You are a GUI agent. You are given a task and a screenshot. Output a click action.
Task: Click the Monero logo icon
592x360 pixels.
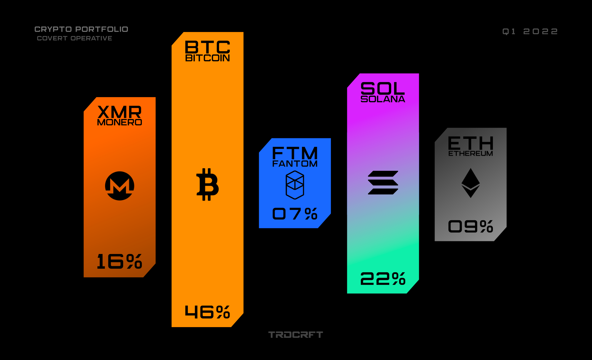pyautogui.click(x=120, y=186)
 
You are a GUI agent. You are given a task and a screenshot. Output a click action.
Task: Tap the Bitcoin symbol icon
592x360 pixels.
pyautogui.click(x=207, y=184)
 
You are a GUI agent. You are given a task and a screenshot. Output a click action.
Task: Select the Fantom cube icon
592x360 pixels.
pyautogui.click(x=295, y=185)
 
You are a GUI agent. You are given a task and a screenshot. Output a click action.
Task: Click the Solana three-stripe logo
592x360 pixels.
pyautogui.click(x=383, y=183)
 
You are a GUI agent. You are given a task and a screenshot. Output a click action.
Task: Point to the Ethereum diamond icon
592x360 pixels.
pyautogui.click(x=471, y=183)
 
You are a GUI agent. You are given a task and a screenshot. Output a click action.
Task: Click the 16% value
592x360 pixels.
pyautogui.click(x=120, y=261)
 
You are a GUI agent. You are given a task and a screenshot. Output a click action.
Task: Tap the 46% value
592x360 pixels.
pyautogui.click(x=207, y=312)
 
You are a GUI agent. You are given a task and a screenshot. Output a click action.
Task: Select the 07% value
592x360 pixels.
pyautogui.click(x=295, y=213)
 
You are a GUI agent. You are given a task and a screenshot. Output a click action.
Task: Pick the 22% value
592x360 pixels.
pyautogui.click(x=383, y=279)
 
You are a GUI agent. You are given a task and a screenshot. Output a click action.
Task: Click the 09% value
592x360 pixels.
pyautogui.click(x=471, y=226)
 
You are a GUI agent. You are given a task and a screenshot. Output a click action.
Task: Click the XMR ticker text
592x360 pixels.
pyautogui.click(x=120, y=112)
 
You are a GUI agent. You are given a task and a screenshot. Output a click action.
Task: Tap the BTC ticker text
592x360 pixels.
pyautogui.click(x=207, y=47)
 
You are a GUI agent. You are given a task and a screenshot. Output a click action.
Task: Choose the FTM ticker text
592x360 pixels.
pyautogui.click(x=295, y=153)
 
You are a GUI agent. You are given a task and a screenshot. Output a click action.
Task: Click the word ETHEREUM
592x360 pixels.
pyautogui.click(x=471, y=154)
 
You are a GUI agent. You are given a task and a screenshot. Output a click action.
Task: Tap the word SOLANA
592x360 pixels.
pyautogui.click(x=383, y=99)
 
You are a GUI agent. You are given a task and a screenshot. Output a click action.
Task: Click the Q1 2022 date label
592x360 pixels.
pyautogui.click(x=530, y=31)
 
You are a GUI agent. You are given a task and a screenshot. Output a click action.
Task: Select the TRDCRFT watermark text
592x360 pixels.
pyautogui.click(x=295, y=335)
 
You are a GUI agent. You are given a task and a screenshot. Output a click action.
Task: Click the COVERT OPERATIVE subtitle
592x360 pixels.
pyautogui.click(x=75, y=38)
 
